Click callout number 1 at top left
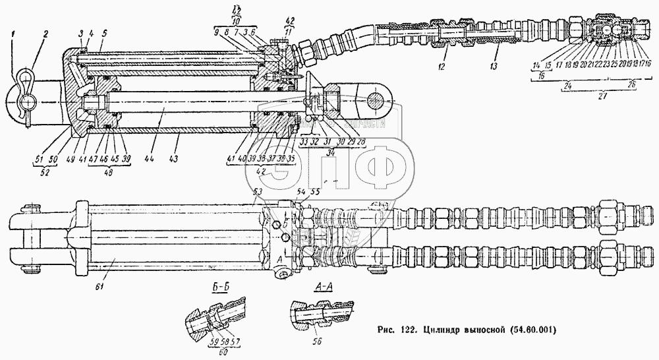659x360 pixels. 13,33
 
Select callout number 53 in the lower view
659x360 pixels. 258,191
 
